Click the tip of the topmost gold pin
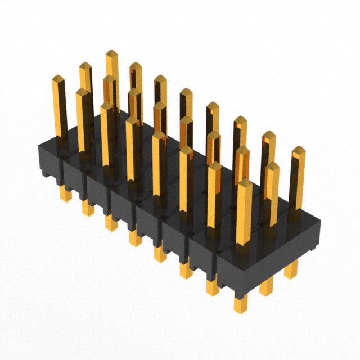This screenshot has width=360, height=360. click(111, 55)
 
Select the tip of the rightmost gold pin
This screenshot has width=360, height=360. click(298, 151)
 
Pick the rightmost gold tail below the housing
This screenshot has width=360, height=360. click(291, 270)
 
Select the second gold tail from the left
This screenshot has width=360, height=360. click(88, 208)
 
